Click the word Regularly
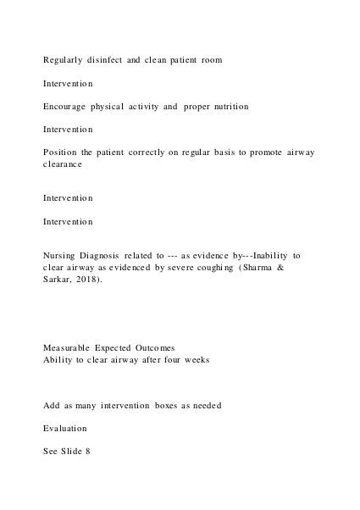(66, 60)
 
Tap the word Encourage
(69, 107)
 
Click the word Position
(63, 152)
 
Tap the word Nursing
(64, 254)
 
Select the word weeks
(212, 358)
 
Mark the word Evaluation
(65, 429)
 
